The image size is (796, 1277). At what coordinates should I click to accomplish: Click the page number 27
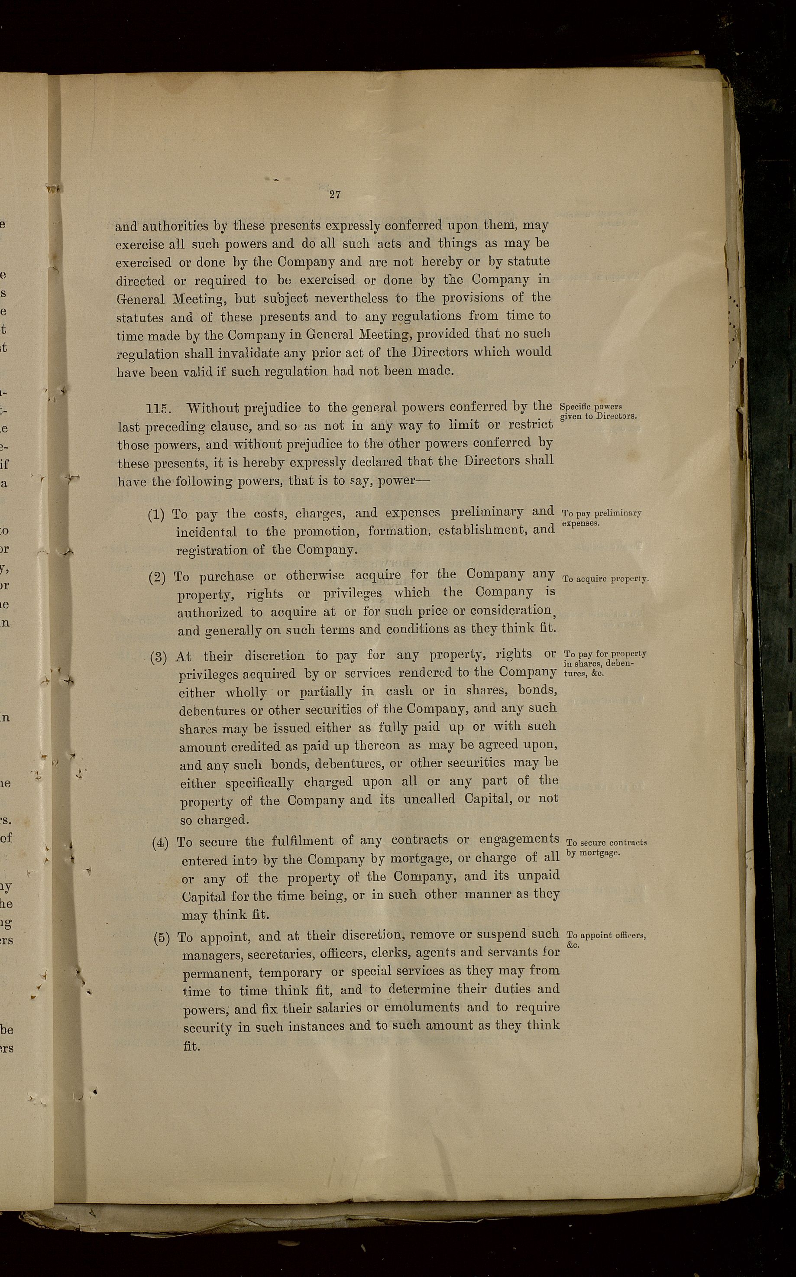(x=335, y=194)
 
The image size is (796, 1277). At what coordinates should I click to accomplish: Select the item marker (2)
(x=157, y=577)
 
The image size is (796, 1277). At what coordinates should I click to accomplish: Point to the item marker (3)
(x=159, y=657)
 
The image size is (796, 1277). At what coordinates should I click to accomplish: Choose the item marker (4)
(x=160, y=843)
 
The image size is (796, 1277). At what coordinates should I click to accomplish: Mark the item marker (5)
(x=162, y=938)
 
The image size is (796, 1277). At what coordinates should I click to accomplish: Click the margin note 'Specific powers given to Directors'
(x=598, y=411)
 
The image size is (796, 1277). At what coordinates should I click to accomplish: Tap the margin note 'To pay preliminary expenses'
(x=601, y=518)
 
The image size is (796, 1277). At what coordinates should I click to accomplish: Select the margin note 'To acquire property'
(x=605, y=579)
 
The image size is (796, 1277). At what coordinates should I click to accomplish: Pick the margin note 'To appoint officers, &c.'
(x=605, y=940)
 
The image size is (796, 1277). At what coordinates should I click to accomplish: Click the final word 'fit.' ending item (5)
(x=191, y=1046)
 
